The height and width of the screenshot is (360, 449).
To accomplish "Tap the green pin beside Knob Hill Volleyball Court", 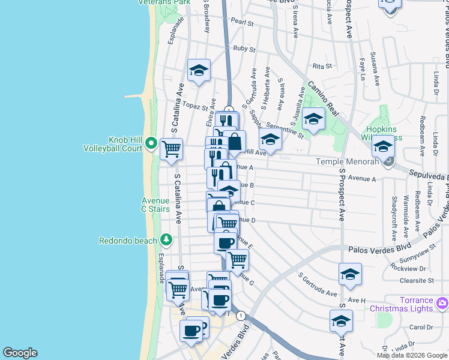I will [151, 144].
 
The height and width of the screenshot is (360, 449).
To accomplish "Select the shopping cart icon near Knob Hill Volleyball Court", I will [171, 148].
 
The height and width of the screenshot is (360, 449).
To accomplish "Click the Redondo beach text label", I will [128, 241].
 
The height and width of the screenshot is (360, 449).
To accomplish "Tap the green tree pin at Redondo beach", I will [165, 240].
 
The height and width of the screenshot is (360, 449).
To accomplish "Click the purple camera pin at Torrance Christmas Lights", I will [442, 303].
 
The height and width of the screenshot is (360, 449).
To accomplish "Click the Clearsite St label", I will [419, 280].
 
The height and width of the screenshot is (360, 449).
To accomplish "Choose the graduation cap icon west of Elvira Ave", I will [199, 71].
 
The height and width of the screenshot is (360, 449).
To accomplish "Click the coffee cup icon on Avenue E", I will [225, 242].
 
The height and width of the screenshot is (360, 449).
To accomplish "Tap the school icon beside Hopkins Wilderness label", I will [382, 146].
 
